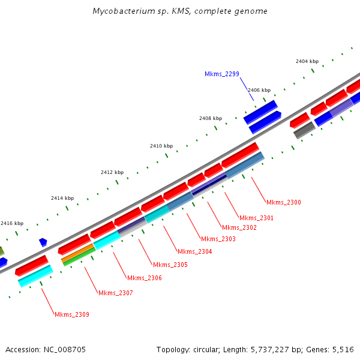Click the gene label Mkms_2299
click(x=222, y=74)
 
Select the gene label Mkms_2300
click(x=284, y=203)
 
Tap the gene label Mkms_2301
click(x=256, y=218)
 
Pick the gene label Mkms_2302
click(x=239, y=227)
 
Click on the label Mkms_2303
click(x=218, y=239)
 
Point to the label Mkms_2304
click(x=194, y=251)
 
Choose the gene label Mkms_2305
click(x=170, y=265)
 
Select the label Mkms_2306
click(x=145, y=278)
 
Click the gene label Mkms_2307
click(x=116, y=293)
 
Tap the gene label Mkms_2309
click(x=72, y=314)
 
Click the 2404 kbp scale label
click(x=307, y=61)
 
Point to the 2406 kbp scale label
click(x=259, y=89)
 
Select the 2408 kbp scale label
click(x=211, y=118)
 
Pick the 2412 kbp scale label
click(x=112, y=172)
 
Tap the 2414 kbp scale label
click(x=62, y=198)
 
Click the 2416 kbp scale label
click(x=13, y=223)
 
